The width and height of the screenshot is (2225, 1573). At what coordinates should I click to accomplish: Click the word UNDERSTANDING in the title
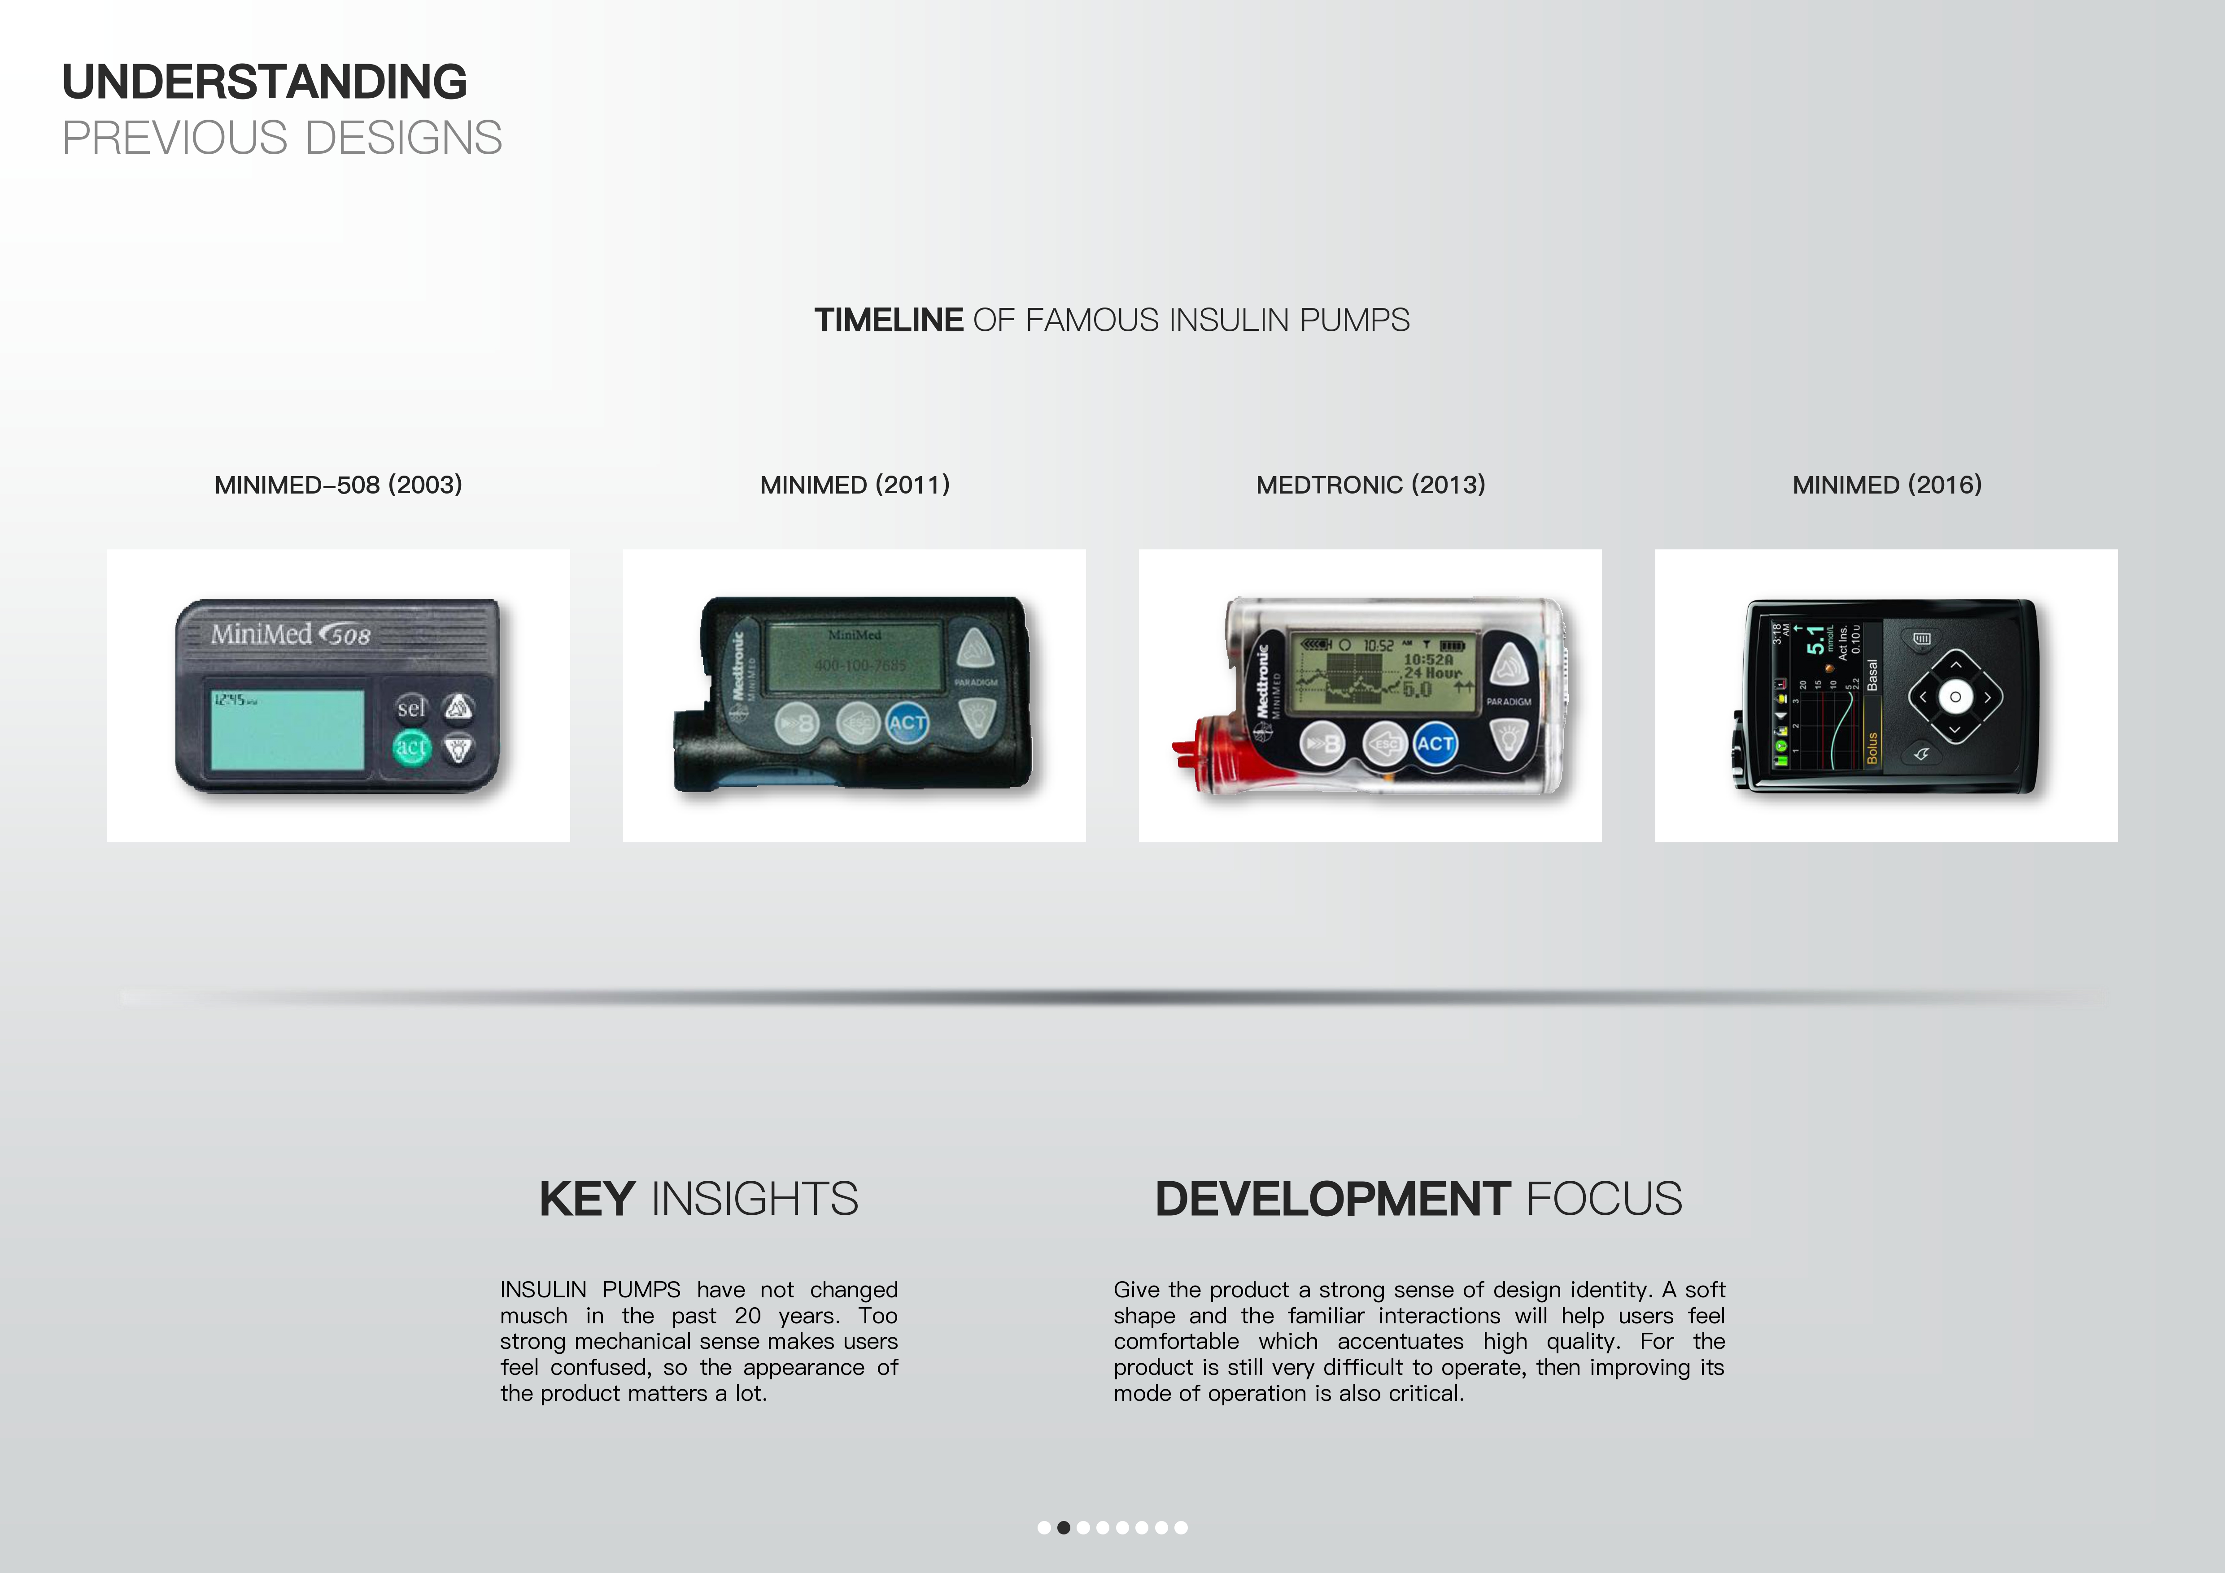point(265,82)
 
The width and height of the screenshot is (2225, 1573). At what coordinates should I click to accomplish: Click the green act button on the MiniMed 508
point(411,747)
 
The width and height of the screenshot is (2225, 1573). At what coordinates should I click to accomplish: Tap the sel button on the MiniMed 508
point(411,708)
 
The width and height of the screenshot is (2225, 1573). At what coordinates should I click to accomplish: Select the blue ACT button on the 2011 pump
point(907,723)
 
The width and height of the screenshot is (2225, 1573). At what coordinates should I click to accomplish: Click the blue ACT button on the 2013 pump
point(1435,744)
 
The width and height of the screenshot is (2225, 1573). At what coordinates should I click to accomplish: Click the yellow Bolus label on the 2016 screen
point(1872,748)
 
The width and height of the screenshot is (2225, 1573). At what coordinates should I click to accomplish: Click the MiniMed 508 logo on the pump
point(291,634)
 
